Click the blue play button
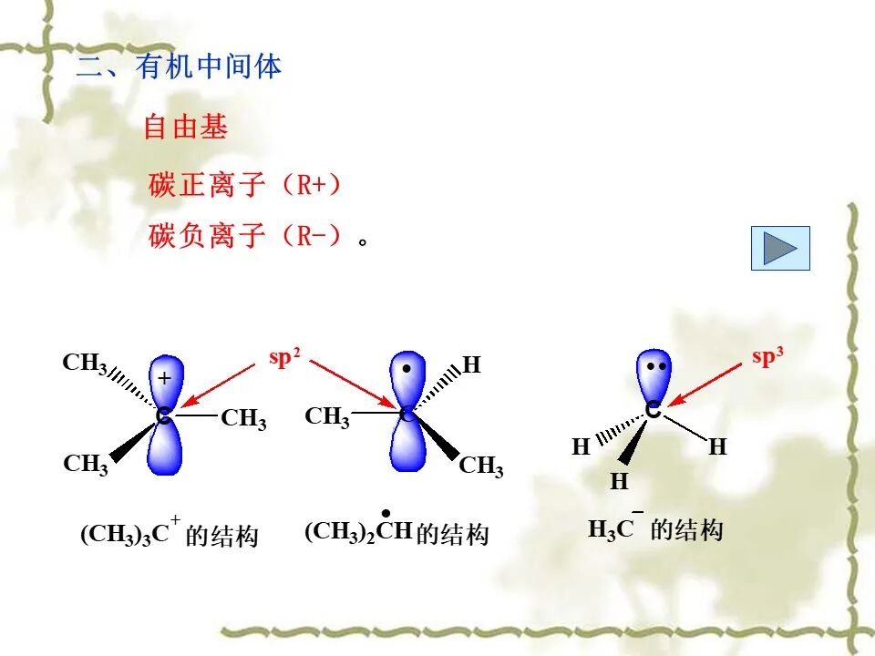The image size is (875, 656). click(779, 248)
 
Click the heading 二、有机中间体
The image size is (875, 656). click(179, 67)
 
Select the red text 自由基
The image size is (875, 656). click(185, 128)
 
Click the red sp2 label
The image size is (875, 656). click(284, 358)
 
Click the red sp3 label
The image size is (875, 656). click(767, 357)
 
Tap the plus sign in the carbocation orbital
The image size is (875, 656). click(164, 377)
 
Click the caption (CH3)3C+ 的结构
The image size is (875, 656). click(170, 534)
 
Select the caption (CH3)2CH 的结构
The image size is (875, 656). click(396, 532)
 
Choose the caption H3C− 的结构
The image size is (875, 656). click(654, 529)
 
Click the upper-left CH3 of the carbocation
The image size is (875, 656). click(85, 364)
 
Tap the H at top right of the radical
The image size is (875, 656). click(471, 366)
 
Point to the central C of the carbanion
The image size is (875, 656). click(653, 412)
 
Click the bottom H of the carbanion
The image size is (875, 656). click(620, 481)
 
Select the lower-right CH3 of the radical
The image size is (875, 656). click(480, 467)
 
